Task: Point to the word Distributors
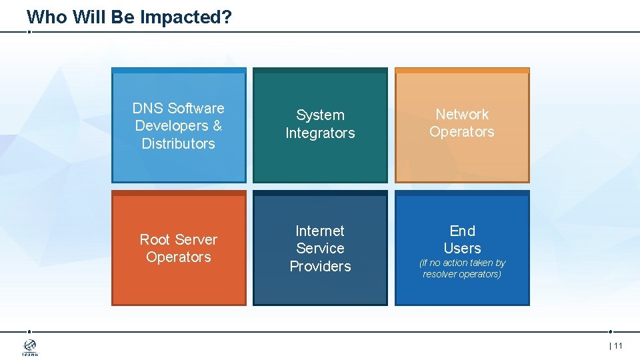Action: (178, 143)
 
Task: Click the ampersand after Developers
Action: (217, 125)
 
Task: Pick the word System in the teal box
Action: (320, 115)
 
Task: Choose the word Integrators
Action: (320, 133)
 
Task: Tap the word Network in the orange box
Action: (462, 114)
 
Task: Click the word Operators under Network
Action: (462, 131)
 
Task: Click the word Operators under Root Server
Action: (178, 257)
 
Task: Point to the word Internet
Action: (320, 231)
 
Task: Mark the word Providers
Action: (320, 266)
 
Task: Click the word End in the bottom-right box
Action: (462, 231)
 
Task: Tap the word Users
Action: (462, 248)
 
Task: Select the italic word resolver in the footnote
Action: (439, 274)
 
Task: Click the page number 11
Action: (617, 345)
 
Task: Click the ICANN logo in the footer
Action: (30, 347)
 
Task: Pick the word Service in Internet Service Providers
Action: (320, 248)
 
